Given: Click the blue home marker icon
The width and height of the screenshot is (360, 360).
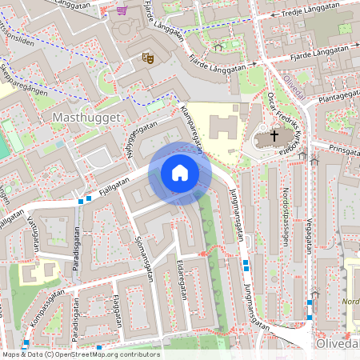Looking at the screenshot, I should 180,173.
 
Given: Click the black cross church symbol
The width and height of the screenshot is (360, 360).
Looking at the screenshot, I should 274,137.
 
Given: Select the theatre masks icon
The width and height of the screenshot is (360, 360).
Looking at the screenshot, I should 147,57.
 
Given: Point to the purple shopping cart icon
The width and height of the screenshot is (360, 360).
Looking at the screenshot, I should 122,10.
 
